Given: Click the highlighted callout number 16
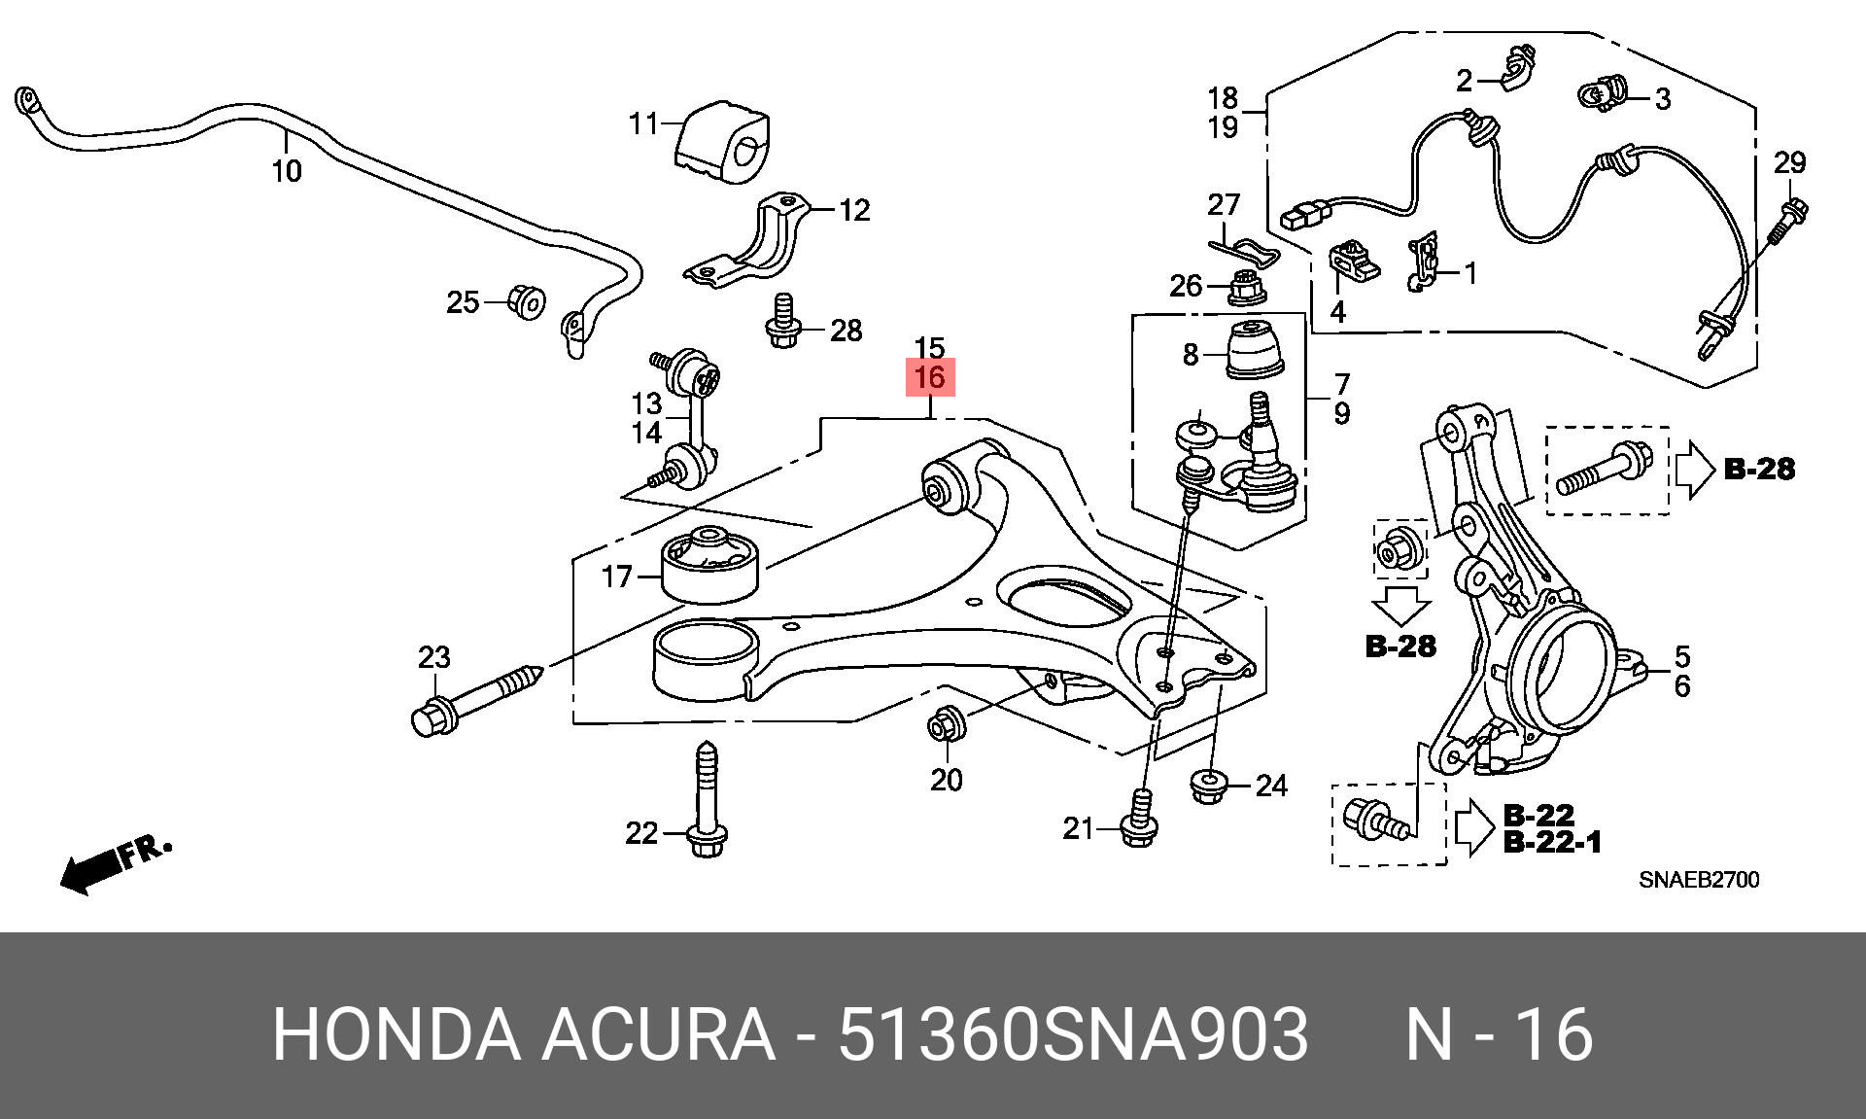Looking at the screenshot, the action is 930,377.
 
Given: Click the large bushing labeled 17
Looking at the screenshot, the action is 709,564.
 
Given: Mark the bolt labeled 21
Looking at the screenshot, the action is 1139,820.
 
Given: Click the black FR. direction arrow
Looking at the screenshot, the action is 115,862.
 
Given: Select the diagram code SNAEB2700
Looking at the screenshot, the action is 1699,880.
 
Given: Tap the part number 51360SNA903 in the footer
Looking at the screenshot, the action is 1073,1034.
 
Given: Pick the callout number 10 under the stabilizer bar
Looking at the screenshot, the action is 287,171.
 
